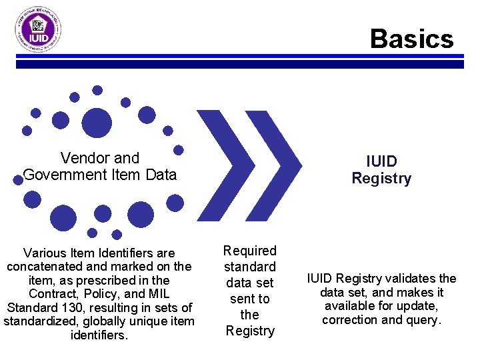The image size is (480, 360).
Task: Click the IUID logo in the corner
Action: coord(39,31)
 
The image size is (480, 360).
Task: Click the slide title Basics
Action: coord(411,39)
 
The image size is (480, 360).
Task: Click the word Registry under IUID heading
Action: coord(381,179)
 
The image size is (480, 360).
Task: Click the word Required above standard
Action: coord(249,251)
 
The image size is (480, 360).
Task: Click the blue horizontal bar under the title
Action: coord(240,64)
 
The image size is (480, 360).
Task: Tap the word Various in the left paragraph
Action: coord(44,253)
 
